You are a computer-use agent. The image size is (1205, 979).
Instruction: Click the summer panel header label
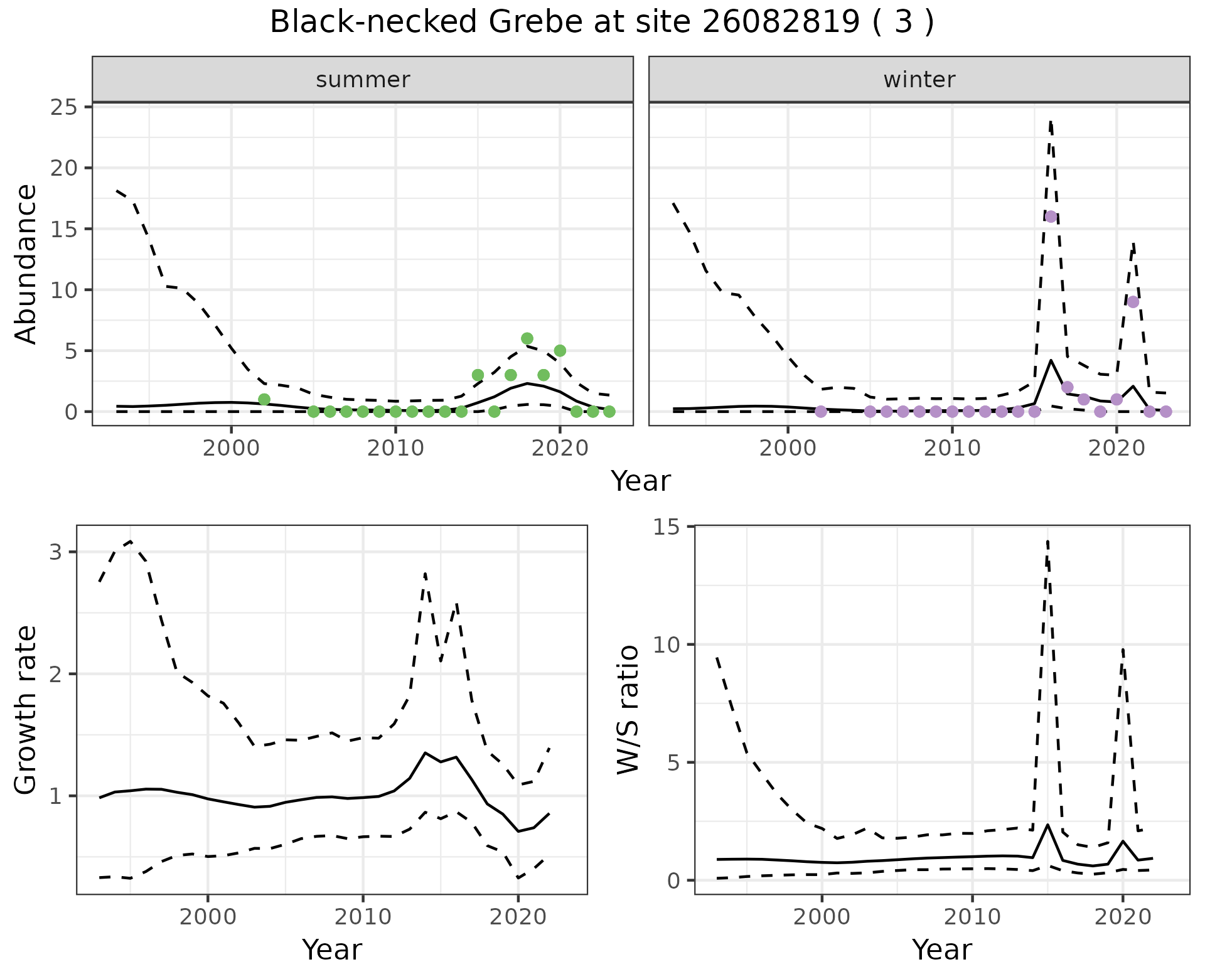tap(363, 80)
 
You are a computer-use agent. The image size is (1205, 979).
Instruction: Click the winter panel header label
tap(919, 80)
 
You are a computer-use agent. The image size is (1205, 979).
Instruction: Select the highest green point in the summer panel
tap(527, 339)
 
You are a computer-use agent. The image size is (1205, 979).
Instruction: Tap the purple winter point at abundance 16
tap(1051, 217)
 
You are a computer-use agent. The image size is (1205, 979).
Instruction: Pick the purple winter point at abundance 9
tap(1133, 302)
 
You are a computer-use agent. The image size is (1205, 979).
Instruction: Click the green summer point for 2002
tap(264, 400)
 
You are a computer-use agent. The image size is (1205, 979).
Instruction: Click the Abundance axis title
tap(26, 264)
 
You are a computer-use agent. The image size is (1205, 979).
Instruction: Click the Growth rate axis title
tap(26, 710)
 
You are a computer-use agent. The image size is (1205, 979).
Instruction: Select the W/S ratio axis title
tap(628, 710)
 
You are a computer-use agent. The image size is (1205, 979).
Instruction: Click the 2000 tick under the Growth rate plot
tap(208, 917)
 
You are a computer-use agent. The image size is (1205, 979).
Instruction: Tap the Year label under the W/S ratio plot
tap(941, 950)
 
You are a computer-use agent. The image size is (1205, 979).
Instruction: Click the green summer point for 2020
tap(560, 351)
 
